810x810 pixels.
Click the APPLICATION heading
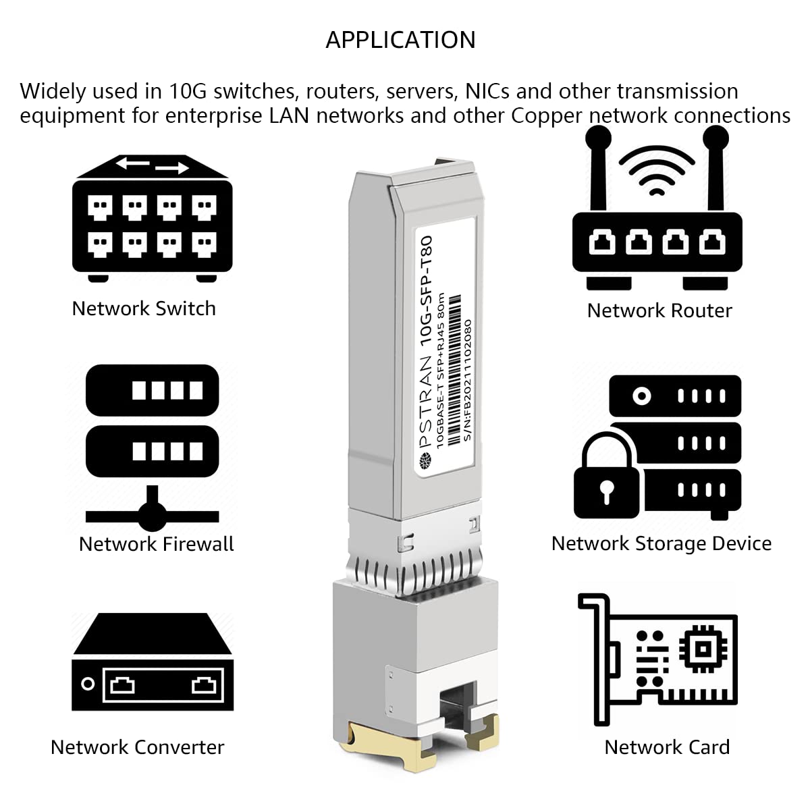(400, 40)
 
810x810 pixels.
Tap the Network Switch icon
(152, 219)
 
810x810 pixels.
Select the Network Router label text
(659, 310)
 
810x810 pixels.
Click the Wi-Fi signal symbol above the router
(656, 172)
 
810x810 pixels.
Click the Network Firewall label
(156, 544)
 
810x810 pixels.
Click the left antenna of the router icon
(597, 169)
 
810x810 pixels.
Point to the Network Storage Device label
(661, 543)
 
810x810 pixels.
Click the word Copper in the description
(547, 115)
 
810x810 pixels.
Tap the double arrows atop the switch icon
(152, 165)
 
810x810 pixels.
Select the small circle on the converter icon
(87, 684)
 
